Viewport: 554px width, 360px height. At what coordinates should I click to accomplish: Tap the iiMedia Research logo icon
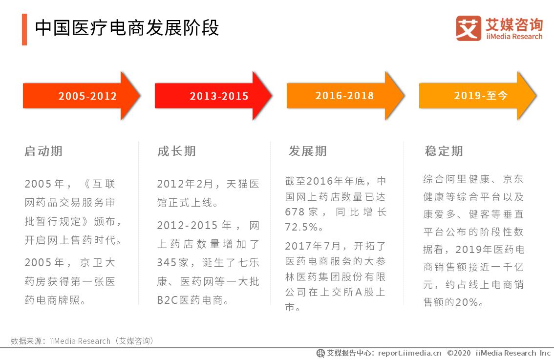coord(468,28)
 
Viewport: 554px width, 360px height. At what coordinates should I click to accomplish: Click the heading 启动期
coord(43,151)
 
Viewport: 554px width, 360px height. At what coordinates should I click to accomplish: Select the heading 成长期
coord(176,151)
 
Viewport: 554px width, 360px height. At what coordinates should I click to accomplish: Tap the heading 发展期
coord(308,151)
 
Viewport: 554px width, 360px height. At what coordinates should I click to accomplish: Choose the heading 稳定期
coord(444,151)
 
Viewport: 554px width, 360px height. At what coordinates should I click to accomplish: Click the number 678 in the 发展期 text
coord(295,212)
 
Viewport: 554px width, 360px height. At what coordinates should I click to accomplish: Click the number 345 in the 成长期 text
coord(167,263)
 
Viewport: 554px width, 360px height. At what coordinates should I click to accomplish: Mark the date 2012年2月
coord(185,184)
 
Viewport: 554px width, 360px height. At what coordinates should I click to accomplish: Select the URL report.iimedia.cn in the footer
coord(409,353)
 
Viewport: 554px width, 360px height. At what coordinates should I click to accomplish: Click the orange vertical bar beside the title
coord(24,29)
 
